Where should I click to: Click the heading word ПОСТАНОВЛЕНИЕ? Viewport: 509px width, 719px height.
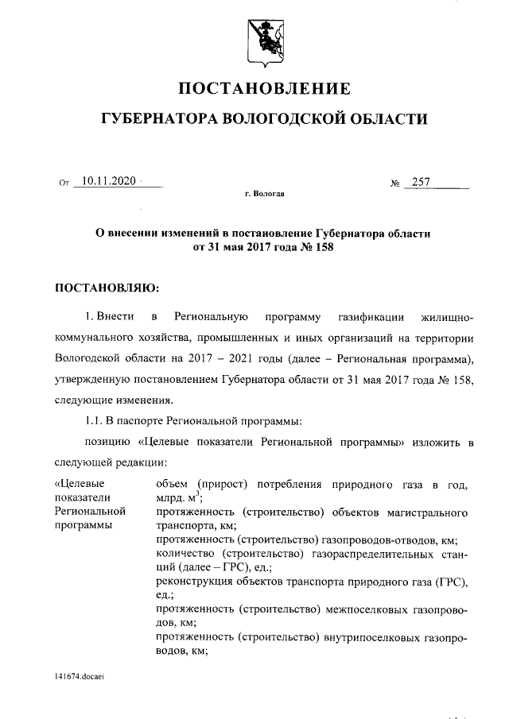(263, 88)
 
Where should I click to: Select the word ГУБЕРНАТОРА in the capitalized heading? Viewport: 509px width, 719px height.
(158, 119)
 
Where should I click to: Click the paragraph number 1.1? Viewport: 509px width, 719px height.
(96, 420)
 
